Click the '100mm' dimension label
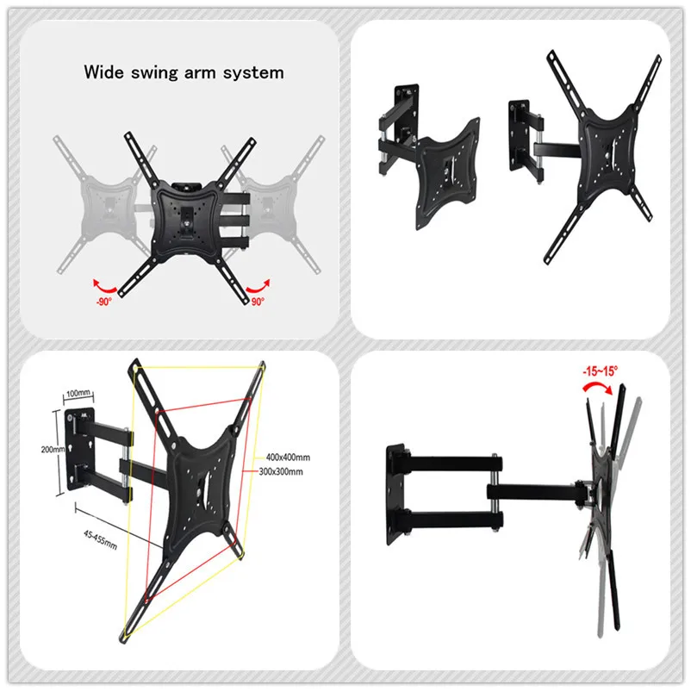coord(78,394)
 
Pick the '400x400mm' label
coord(289,456)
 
